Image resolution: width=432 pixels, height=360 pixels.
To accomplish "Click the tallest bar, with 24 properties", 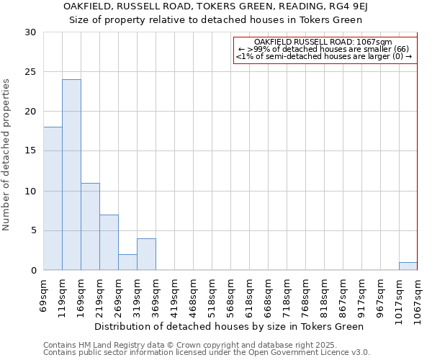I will click(x=71, y=175).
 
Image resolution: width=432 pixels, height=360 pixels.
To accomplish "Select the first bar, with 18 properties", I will click(x=53, y=199).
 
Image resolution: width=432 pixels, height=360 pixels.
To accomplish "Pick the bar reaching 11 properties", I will click(x=90, y=227).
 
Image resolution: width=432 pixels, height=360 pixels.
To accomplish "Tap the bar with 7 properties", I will click(x=109, y=243).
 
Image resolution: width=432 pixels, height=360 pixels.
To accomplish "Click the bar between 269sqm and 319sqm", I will click(x=127, y=262).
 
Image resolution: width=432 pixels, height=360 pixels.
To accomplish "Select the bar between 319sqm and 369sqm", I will click(x=146, y=254).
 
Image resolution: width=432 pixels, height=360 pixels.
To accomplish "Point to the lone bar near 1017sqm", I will click(x=408, y=266).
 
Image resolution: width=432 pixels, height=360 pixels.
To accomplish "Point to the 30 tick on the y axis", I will click(x=30, y=32).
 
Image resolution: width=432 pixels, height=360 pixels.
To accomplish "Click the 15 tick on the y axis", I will click(x=30, y=151).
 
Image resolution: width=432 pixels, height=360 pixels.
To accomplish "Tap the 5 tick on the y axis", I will click(x=32, y=230).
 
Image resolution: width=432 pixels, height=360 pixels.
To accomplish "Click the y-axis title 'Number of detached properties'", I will click(x=6, y=155).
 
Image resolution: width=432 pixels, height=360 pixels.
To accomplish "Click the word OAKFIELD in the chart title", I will click(x=88, y=6).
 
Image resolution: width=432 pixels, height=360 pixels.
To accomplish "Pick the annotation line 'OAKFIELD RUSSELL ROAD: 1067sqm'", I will click(x=323, y=42).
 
